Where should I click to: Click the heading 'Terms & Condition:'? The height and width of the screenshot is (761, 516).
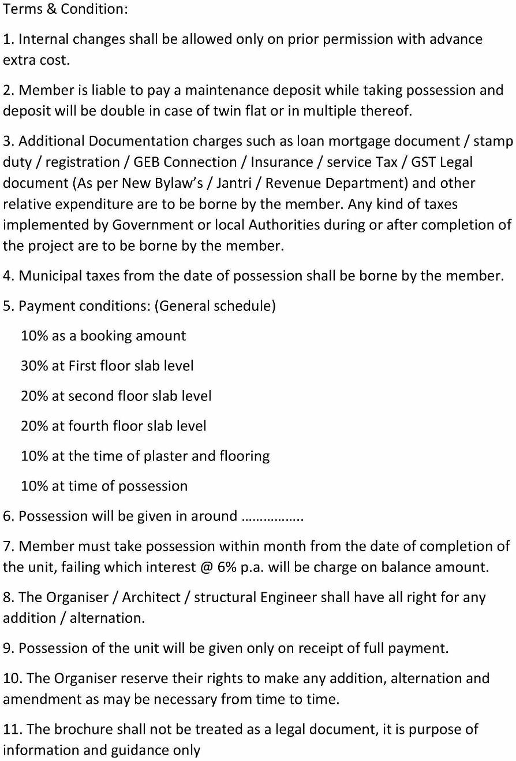66,9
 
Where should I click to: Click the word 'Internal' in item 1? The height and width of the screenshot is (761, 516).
43,39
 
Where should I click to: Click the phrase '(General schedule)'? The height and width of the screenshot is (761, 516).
215,306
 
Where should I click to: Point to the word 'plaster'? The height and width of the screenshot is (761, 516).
163,456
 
